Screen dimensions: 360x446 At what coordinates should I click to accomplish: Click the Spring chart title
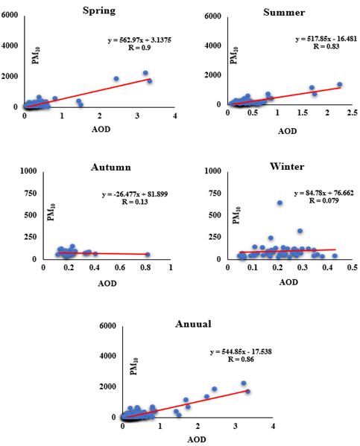click(x=99, y=11)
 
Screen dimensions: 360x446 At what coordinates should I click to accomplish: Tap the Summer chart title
click(x=284, y=12)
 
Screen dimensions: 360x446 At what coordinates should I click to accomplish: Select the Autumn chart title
click(x=111, y=167)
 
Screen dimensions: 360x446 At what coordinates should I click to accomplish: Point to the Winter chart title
click(x=287, y=166)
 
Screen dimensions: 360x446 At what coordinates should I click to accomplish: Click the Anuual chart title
click(x=193, y=324)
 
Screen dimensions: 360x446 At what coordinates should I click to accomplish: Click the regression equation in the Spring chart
click(x=139, y=40)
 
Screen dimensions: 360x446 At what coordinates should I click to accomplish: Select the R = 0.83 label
click(x=326, y=46)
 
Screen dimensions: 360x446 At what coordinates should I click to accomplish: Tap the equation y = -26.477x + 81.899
click(x=135, y=194)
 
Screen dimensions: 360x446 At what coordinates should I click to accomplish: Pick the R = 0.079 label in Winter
click(x=324, y=200)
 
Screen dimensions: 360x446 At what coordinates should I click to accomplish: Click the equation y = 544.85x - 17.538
click(x=241, y=352)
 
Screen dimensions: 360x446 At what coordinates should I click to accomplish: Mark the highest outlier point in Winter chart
click(x=280, y=203)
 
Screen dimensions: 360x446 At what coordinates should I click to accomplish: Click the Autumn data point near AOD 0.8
click(x=148, y=255)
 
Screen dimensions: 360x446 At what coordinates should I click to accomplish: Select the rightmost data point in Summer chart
click(x=339, y=84)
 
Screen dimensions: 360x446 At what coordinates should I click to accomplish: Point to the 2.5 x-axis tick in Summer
click(x=352, y=112)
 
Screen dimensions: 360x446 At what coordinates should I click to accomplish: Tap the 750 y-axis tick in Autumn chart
click(x=31, y=194)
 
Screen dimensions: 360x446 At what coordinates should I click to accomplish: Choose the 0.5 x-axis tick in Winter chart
click(x=352, y=267)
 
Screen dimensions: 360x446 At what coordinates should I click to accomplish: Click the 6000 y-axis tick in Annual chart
click(x=107, y=325)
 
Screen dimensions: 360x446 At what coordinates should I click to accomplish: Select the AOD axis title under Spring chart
click(x=101, y=129)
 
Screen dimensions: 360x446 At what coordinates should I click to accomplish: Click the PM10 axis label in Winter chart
click(x=237, y=215)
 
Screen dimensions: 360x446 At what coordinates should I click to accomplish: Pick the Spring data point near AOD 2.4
click(x=116, y=78)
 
